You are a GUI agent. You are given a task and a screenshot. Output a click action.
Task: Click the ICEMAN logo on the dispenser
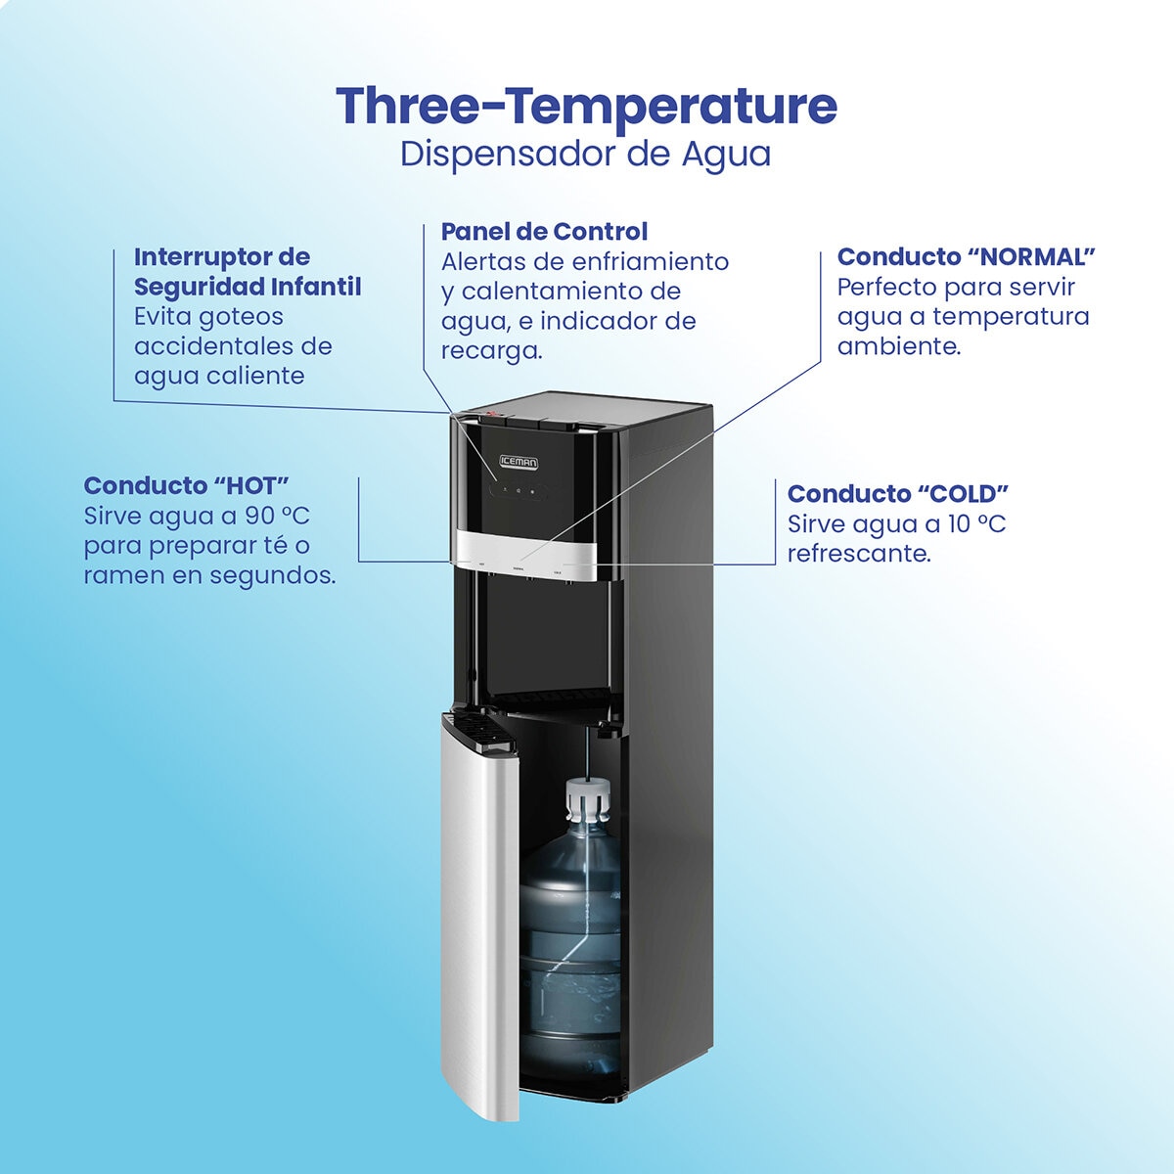pyautogui.click(x=519, y=463)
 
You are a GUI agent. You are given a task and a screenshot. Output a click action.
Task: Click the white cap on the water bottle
pyautogui.click(x=588, y=798)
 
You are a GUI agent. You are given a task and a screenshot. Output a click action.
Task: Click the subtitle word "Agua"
pyautogui.click(x=726, y=155)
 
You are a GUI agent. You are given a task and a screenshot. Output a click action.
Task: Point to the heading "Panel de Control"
pyautogui.click(x=544, y=232)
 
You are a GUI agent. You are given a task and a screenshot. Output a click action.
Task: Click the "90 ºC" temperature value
pyautogui.click(x=278, y=516)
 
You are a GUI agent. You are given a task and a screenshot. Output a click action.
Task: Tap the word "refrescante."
pyautogui.click(x=859, y=554)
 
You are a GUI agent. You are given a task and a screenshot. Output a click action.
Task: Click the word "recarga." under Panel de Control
pyautogui.click(x=491, y=351)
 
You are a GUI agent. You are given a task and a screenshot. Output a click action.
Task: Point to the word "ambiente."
pyautogui.click(x=899, y=346)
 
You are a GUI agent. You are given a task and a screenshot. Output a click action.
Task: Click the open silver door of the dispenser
pyautogui.click(x=481, y=914)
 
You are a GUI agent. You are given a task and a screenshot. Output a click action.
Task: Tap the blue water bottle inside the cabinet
pyautogui.click(x=570, y=950)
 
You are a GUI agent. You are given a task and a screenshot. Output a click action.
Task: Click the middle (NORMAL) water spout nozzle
pyautogui.click(x=529, y=578)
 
